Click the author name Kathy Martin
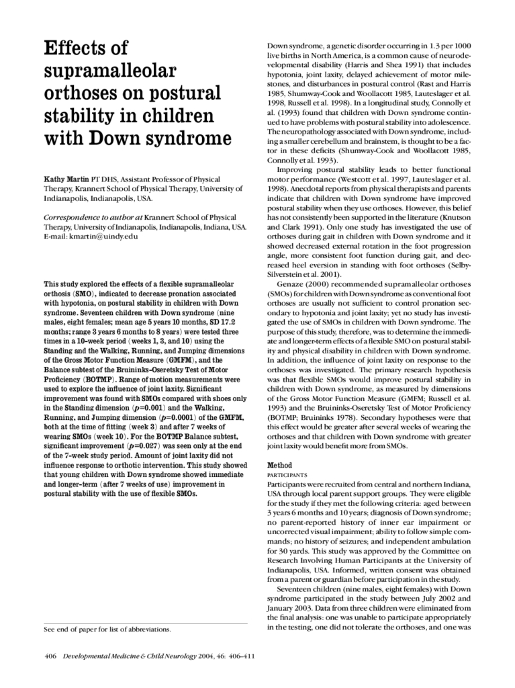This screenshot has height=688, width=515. pyautogui.click(x=66, y=180)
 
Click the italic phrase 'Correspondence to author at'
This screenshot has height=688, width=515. pyautogui.click(x=93, y=218)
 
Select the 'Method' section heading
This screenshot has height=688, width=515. pyautogui.click(x=279, y=465)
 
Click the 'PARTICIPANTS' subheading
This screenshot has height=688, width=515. pyautogui.click(x=289, y=474)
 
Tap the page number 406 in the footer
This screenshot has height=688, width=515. pyautogui.click(x=51, y=656)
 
